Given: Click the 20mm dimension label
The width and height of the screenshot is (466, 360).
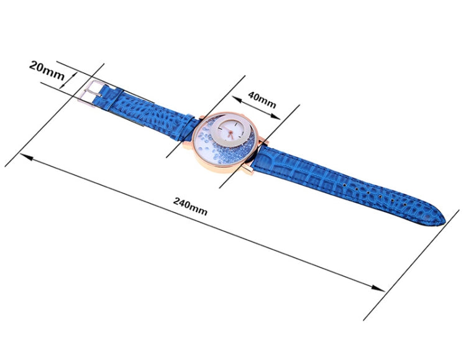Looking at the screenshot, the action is tap(47, 70).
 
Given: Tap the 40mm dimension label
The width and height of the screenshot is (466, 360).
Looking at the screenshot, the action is tap(262, 99).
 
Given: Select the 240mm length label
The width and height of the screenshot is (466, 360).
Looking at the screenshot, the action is tap(190, 206).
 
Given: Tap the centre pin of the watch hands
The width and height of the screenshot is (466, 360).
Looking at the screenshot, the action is tap(230, 132).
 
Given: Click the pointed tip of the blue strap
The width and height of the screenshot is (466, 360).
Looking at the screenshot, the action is tap(445, 221).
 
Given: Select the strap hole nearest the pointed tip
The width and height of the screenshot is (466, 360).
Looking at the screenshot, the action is tap(404, 205).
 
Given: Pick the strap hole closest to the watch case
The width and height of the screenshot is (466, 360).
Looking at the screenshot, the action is tap(344, 185).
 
